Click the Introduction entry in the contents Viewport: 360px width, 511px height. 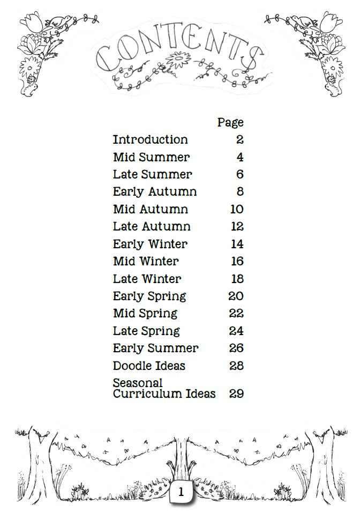[151, 140]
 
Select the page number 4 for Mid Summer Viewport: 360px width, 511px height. [239, 158]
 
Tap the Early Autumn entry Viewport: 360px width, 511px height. [155, 192]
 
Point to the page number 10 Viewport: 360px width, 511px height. [237, 209]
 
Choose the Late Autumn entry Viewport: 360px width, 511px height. [152, 227]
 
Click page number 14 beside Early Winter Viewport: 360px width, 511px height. [237, 244]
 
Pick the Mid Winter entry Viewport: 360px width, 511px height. [146, 262]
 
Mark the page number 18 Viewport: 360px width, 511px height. [237, 279]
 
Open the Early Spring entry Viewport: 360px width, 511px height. [149, 297]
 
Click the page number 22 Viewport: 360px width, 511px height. [236, 314]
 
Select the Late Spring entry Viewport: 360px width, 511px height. [146, 331]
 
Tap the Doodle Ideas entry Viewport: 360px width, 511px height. [149, 366]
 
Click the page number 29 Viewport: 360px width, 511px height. [236, 394]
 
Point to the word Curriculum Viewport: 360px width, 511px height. [142, 394]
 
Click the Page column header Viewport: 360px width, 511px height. [230, 123]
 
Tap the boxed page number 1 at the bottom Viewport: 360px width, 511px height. [181, 492]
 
